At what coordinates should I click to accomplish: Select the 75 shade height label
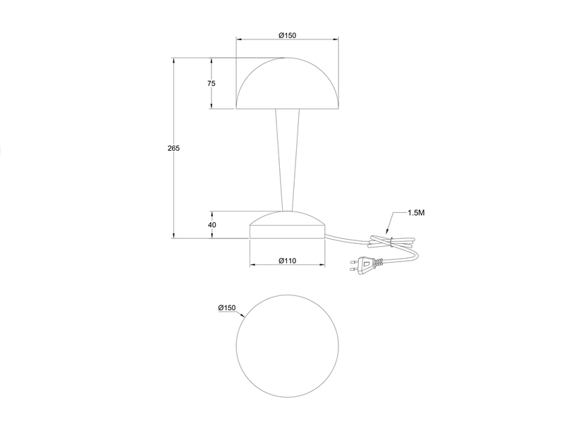pyautogui.click(x=211, y=83)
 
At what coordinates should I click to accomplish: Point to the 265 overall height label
pyautogui.click(x=174, y=148)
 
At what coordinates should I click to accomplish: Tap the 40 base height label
pyautogui.click(x=211, y=225)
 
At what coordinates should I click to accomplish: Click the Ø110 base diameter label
pyautogui.click(x=287, y=261)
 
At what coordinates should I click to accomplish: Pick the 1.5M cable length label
pyautogui.click(x=416, y=212)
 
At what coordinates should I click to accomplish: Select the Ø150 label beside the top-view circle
pyautogui.click(x=226, y=308)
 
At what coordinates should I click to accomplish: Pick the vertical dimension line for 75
pyautogui.click(x=211, y=99)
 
